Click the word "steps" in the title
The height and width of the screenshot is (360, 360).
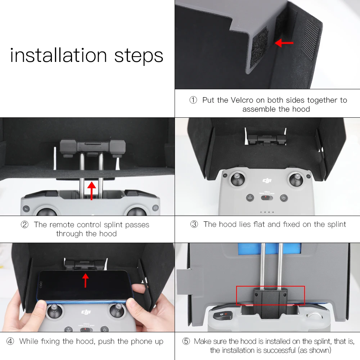click(139, 56)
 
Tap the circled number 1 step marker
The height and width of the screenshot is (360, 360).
click(193, 100)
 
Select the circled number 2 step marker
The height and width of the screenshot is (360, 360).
click(24, 225)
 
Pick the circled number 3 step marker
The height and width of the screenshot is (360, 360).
click(194, 224)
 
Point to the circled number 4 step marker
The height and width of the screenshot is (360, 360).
click(10, 341)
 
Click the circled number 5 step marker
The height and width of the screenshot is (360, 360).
click(186, 341)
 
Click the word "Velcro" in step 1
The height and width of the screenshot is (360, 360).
click(242, 100)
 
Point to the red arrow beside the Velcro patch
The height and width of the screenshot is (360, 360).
click(284, 43)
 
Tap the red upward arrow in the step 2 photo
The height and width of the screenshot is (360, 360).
click(91, 191)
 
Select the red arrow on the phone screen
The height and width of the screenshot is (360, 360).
click(85, 280)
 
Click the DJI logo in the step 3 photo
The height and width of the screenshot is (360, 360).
click(267, 181)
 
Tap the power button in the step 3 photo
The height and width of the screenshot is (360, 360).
click(284, 198)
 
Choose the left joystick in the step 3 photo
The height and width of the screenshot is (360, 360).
click(238, 179)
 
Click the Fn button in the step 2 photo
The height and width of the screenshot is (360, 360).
click(26, 209)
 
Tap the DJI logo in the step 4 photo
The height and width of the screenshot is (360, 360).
click(86, 312)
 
